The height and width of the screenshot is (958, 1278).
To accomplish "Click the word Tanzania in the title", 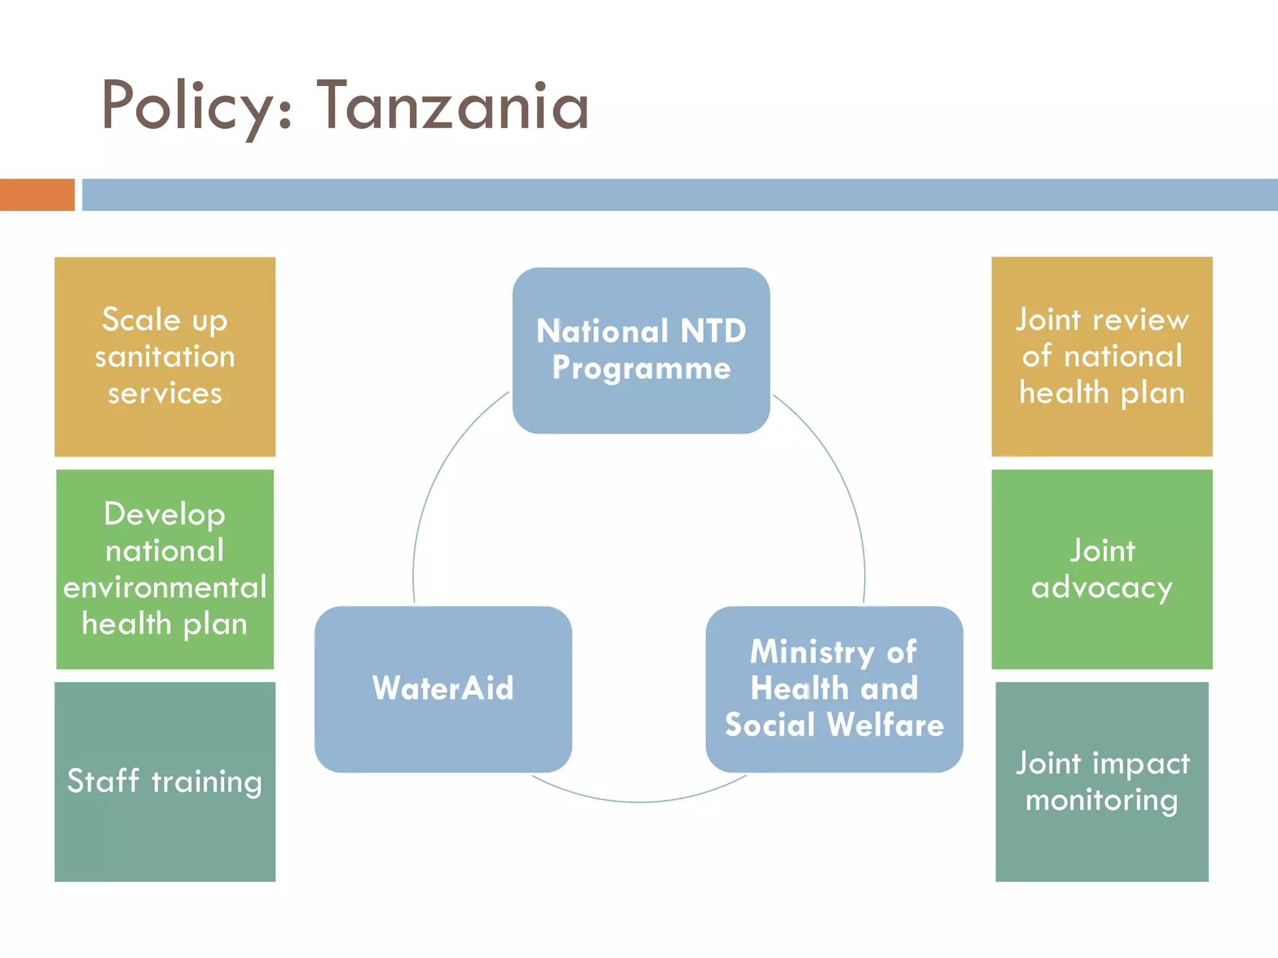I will tap(454, 106).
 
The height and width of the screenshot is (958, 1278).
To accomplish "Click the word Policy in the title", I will tap(187, 106).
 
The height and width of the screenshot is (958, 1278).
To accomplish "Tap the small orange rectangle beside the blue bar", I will tap(37, 195).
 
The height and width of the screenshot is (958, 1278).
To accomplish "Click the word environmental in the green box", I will tap(165, 588).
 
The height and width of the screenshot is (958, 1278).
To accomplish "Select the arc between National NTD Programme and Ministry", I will tap(839, 474).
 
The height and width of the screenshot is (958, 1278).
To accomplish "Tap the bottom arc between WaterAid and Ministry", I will tap(638, 801).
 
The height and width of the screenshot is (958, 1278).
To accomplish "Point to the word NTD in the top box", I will tap(713, 331).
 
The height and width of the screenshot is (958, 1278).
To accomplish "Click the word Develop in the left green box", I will tap(165, 515).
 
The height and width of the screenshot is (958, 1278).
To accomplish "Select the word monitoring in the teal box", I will tap(1101, 800).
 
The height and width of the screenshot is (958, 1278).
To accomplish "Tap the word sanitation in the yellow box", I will tap(165, 357).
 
